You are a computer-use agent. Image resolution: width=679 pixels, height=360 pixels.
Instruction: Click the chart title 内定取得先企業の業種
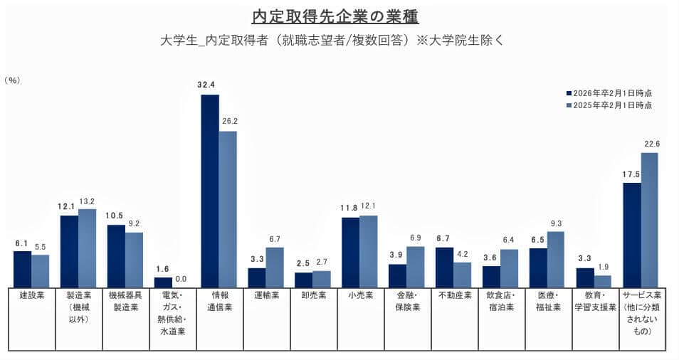tap(339, 15)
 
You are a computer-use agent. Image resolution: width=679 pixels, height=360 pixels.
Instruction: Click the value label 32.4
tap(206, 85)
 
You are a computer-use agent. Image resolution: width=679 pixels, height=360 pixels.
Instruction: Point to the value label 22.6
tap(652, 144)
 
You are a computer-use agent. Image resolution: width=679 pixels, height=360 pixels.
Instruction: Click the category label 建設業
tap(32, 295)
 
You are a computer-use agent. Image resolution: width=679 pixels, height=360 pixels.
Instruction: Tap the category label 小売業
tap(359, 295)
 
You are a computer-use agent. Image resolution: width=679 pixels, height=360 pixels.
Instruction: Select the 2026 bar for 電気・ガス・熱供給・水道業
tap(163, 282)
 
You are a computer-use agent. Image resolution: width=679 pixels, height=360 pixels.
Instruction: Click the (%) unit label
tap(12, 80)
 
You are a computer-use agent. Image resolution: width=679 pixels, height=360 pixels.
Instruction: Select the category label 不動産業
tap(453, 295)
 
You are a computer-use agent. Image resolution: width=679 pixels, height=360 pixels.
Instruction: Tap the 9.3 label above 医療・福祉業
tap(557, 223)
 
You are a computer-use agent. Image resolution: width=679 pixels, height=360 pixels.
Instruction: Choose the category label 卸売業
tap(312, 295)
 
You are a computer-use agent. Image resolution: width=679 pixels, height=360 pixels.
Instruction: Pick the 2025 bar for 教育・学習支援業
tap(603, 281)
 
